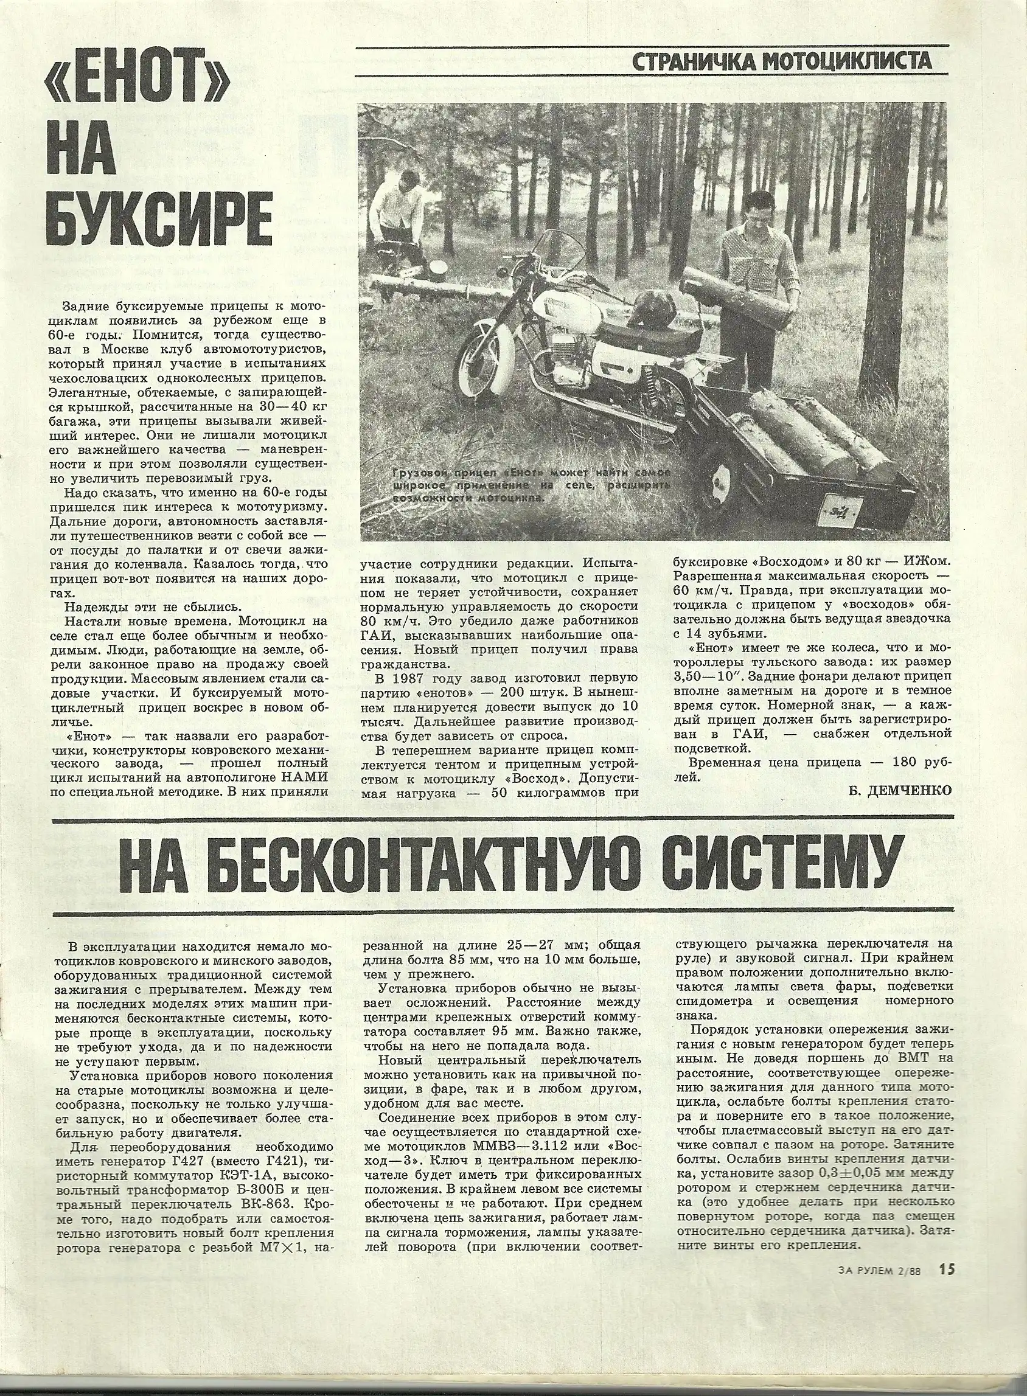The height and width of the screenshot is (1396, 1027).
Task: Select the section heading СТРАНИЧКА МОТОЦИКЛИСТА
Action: coord(780,61)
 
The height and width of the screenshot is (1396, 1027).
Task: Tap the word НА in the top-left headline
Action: coord(77,156)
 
